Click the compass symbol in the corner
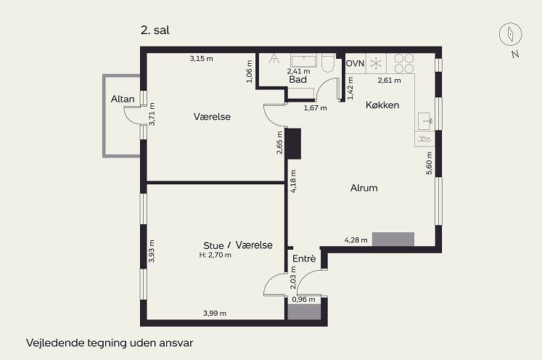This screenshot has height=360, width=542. coord(511,34)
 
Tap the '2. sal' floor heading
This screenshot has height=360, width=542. coord(155,30)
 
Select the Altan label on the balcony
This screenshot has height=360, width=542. coord(123,99)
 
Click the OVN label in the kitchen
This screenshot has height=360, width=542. coord(355,63)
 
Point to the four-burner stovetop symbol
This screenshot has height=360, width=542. coord(403,63)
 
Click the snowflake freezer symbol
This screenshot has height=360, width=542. coord(376,64)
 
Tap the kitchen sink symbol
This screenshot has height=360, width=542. coord(424,121)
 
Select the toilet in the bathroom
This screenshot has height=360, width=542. coord(328,62)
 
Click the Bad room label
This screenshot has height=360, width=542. coord(297,80)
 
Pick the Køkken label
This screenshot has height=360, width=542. coord(382,105)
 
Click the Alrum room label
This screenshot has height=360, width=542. coord(364,188)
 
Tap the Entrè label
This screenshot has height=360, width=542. coord(304,258)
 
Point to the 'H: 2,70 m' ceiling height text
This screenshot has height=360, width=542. coord(215,255)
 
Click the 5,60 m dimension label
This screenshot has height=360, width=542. coord(429,163)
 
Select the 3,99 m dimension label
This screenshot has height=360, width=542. coord(215,314)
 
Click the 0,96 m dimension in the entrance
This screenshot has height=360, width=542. coord(303,300)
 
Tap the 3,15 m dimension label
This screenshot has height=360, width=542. coord(201,59)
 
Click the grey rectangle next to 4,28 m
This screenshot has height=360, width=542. coord(393,239)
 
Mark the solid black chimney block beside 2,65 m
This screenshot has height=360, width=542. coord(293,144)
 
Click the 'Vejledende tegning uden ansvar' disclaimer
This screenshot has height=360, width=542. coord(110,343)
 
